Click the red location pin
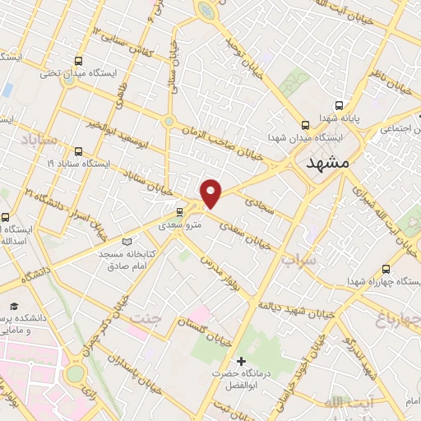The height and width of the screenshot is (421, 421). tap(211, 192)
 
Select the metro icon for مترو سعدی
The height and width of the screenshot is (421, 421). tap(180, 211)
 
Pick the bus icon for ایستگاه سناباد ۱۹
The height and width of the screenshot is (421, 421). tap(78, 151)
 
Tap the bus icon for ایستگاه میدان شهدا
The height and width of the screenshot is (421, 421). tap(305, 126)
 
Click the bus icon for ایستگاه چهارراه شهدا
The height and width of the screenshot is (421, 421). tap(386, 269)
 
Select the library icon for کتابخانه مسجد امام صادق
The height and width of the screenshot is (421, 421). tap(126, 242)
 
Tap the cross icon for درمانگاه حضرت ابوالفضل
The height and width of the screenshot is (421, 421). tap(241, 361)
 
